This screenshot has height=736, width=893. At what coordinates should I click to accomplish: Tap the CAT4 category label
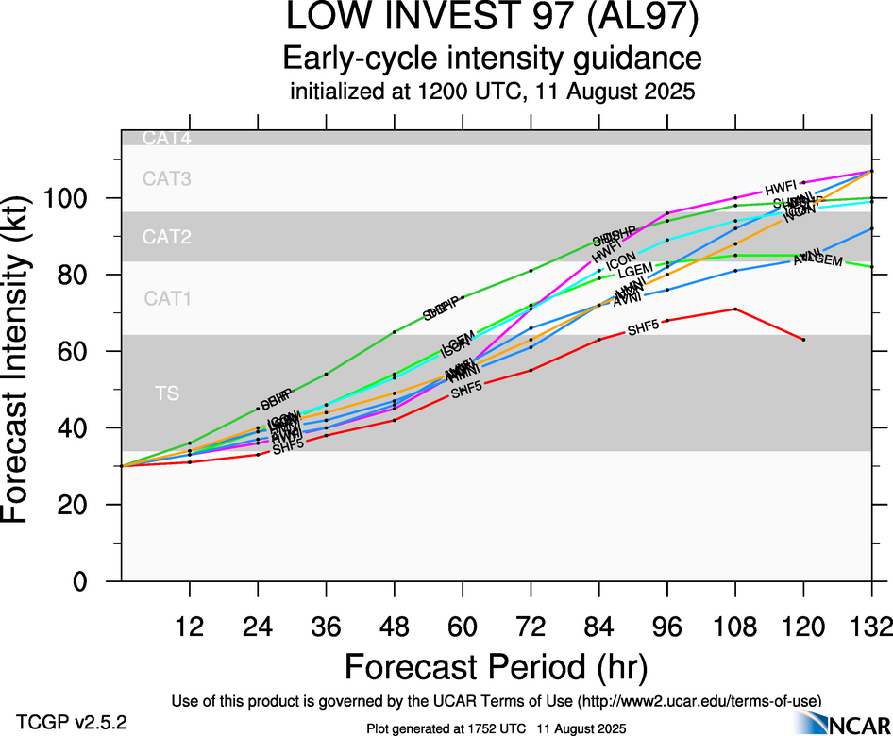pyautogui.click(x=167, y=139)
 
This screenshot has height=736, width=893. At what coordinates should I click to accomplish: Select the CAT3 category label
pyautogui.click(x=167, y=177)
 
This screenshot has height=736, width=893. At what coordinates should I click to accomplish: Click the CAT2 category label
pyautogui.click(x=167, y=237)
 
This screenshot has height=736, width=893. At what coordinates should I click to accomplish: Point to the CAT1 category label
pyautogui.click(x=167, y=299)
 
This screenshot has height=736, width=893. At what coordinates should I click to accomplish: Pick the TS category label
pyautogui.click(x=167, y=393)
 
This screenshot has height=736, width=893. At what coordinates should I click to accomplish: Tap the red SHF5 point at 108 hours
pyautogui.click(x=735, y=309)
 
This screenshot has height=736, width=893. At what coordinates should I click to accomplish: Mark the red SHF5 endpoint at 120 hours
pyautogui.click(x=803, y=339)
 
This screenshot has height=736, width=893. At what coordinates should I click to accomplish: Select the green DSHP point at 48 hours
pyautogui.click(x=395, y=332)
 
